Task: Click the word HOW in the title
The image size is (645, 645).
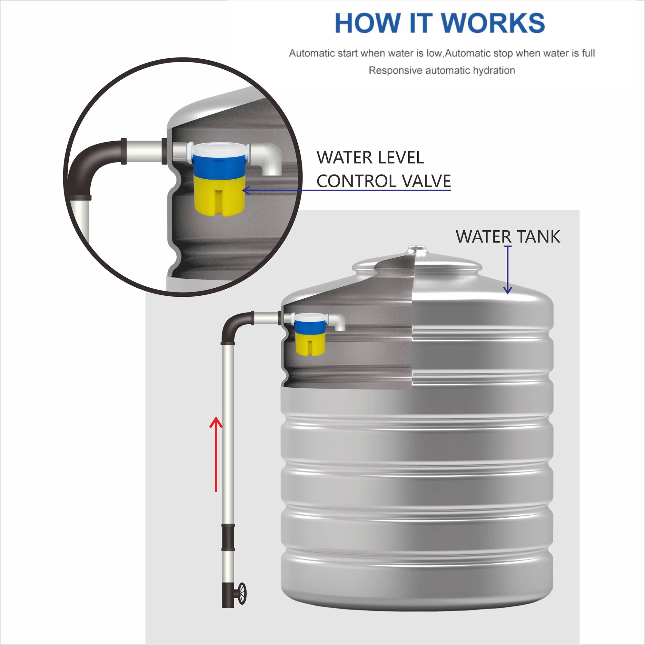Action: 367,23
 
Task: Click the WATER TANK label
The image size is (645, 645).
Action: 507,237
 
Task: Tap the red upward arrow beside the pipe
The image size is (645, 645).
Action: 216,454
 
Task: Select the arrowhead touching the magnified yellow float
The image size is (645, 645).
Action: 246,191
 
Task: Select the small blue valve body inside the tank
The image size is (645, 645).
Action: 310,326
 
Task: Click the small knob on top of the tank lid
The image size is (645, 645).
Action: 417,249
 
